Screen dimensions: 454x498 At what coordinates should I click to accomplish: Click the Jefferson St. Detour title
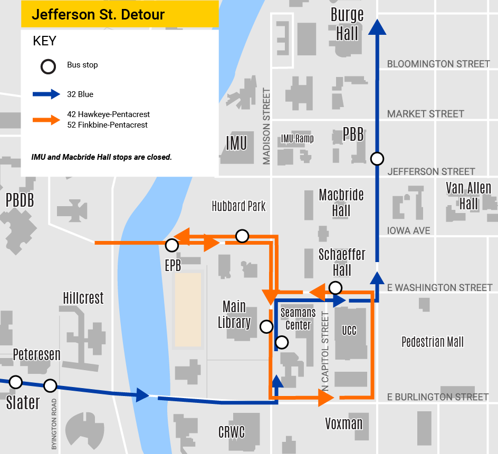coord(98,14)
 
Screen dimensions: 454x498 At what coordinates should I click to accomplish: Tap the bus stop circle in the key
coord(48,67)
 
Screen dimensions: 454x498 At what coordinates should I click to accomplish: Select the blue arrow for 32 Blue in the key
coord(47,94)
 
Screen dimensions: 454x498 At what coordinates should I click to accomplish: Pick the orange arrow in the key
coord(47,120)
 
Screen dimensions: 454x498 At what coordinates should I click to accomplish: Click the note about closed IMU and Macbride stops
coord(102,157)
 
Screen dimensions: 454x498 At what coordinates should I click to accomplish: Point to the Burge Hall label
coord(347,24)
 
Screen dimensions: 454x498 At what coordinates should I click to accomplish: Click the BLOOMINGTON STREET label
coord(438,64)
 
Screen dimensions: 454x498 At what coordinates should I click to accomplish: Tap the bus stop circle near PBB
coord(377,158)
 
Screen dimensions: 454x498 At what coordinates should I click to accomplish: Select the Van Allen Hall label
coord(468,196)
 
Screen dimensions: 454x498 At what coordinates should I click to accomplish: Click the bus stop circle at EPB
coord(171,245)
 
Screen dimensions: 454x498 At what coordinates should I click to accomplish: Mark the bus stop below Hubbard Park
coord(242,236)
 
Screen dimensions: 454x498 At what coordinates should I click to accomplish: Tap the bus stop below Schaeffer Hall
coord(335,287)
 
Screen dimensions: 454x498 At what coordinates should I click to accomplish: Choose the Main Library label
coord(234,314)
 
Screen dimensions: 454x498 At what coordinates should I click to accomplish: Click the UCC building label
coord(349,331)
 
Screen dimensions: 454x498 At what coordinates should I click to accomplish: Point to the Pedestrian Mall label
coord(433,342)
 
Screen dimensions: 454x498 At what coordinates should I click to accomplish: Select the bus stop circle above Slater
coord(16,381)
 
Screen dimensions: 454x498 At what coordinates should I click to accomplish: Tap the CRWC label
coord(232,432)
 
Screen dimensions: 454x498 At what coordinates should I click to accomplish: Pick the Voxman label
coord(344,423)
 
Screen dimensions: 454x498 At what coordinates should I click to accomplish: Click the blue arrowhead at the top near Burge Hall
coord(377,27)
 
